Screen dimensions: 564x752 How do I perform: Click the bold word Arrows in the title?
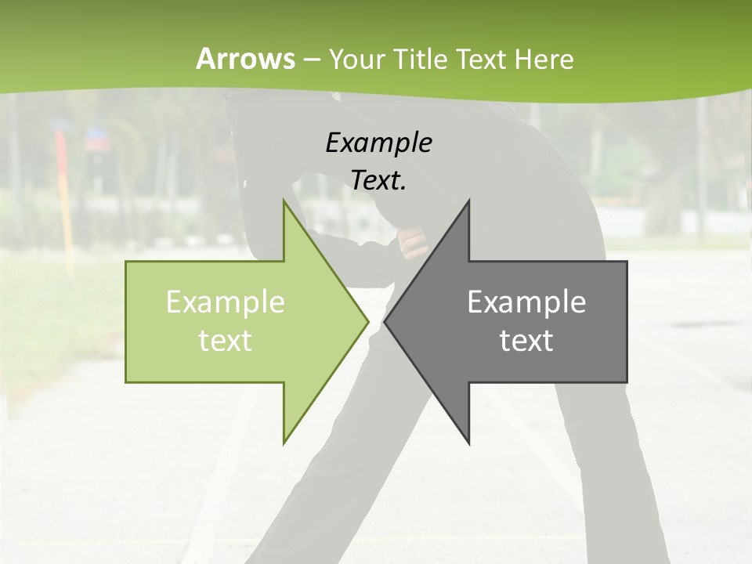245,59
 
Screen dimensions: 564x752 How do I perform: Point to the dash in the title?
311,60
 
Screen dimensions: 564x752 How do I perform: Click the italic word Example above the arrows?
378,143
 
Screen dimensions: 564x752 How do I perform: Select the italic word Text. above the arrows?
378,181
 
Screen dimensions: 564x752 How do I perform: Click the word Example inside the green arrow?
226,302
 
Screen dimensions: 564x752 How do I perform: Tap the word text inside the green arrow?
226,340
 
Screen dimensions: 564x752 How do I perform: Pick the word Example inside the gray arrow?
526,302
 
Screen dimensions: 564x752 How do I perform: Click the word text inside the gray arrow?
526,340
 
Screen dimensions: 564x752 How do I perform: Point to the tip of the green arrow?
368,321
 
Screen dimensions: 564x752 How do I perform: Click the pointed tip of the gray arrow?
385,321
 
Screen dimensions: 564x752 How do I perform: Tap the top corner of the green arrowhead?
284,201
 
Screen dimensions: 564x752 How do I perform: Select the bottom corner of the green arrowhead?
284,443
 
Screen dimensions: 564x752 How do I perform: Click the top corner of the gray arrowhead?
468,201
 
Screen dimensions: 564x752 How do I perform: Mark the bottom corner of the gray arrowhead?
468,443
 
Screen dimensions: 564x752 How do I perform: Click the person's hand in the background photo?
412,242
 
